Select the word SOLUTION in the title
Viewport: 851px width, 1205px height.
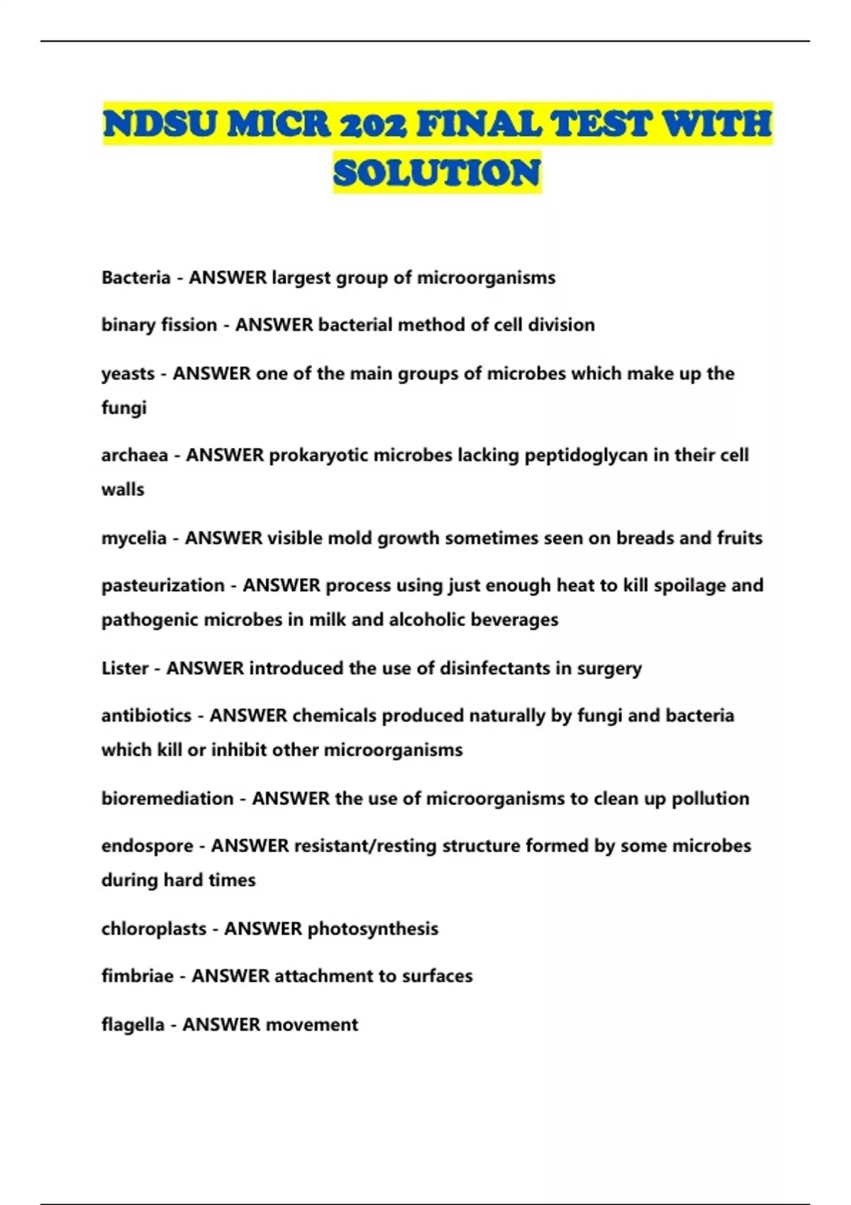click(x=437, y=173)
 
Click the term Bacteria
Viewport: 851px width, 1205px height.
click(x=135, y=277)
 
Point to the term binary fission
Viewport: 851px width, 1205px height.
click(x=159, y=325)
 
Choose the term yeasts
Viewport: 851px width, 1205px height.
click(x=128, y=374)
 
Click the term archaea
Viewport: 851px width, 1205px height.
click(x=134, y=455)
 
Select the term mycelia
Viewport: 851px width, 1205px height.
click(x=133, y=538)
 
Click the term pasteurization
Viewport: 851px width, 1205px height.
click(x=162, y=585)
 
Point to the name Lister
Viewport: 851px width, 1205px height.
click(x=125, y=668)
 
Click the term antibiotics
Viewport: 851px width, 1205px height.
click(x=146, y=716)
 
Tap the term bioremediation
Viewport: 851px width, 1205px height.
click(x=167, y=799)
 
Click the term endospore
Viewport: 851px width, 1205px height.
click(x=147, y=846)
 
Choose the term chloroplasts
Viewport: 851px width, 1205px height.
click(x=153, y=929)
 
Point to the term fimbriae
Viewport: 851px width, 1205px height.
click(x=137, y=976)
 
